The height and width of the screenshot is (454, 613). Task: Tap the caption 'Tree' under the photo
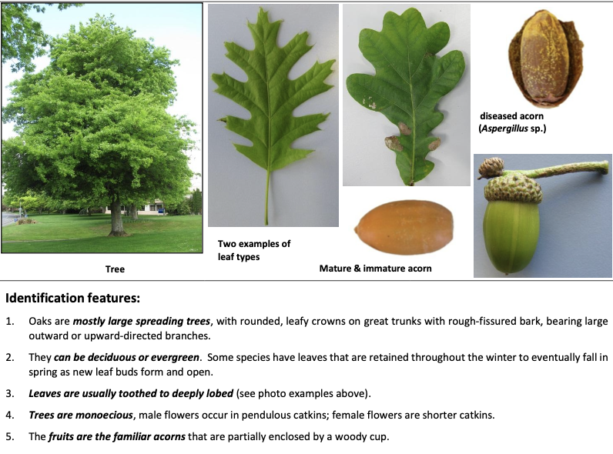[115, 269]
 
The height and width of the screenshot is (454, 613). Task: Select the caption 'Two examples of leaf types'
[253, 250]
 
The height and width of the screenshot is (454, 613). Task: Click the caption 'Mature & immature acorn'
[375, 269]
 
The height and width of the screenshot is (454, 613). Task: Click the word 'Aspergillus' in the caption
[506, 129]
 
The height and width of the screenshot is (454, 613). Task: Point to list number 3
[10, 394]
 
